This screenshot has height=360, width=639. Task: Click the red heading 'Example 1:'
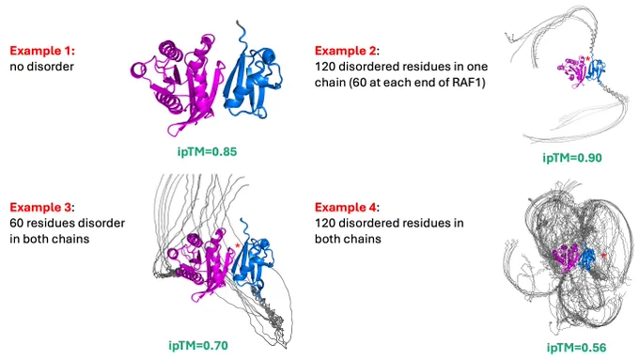click(x=42, y=51)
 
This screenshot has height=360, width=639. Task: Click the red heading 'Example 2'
click(x=346, y=51)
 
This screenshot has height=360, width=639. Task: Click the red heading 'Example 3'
click(x=40, y=207)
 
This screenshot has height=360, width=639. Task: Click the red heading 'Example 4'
click(x=346, y=207)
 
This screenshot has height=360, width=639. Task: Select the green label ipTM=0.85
click(x=207, y=151)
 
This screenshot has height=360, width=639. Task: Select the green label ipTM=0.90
click(x=572, y=158)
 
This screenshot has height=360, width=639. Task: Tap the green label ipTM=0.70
click(x=198, y=346)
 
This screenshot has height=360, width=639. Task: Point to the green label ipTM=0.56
click(x=576, y=348)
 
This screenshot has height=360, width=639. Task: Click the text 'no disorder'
click(x=41, y=67)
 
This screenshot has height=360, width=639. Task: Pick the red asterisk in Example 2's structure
click(x=587, y=60)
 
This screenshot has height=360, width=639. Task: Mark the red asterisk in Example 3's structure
click(x=237, y=246)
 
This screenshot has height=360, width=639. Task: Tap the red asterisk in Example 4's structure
click(x=604, y=256)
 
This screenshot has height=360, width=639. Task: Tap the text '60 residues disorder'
click(x=68, y=223)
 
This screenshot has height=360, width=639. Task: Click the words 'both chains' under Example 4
click(x=348, y=239)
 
